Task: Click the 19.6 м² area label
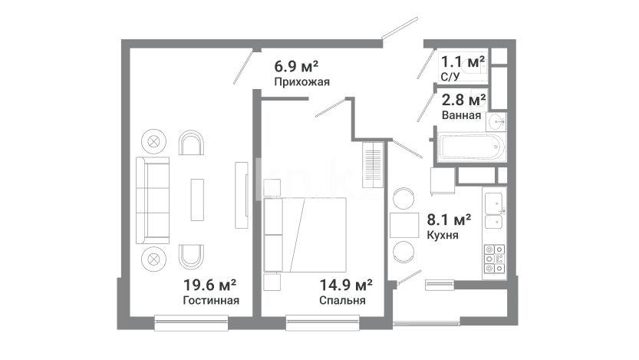point(209,285)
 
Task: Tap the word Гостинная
point(211,300)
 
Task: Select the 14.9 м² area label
point(345,285)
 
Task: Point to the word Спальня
point(342,300)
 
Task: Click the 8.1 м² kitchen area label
point(449,220)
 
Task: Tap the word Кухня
point(443,235)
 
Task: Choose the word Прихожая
point(301,82)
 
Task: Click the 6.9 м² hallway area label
point(296,66)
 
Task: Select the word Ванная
point(461,115)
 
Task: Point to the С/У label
point(450,76)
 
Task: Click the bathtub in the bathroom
point(472,147)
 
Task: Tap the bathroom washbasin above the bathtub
point(496,121)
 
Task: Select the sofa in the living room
point(153,200)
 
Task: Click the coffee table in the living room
point(197,200)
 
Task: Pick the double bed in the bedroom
point(305,235)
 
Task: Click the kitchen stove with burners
point(494,259)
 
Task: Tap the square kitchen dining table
point(404,225)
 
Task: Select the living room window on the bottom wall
point(192,322)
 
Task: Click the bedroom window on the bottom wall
point(323,322)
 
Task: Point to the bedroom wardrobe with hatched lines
point(373,164)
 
